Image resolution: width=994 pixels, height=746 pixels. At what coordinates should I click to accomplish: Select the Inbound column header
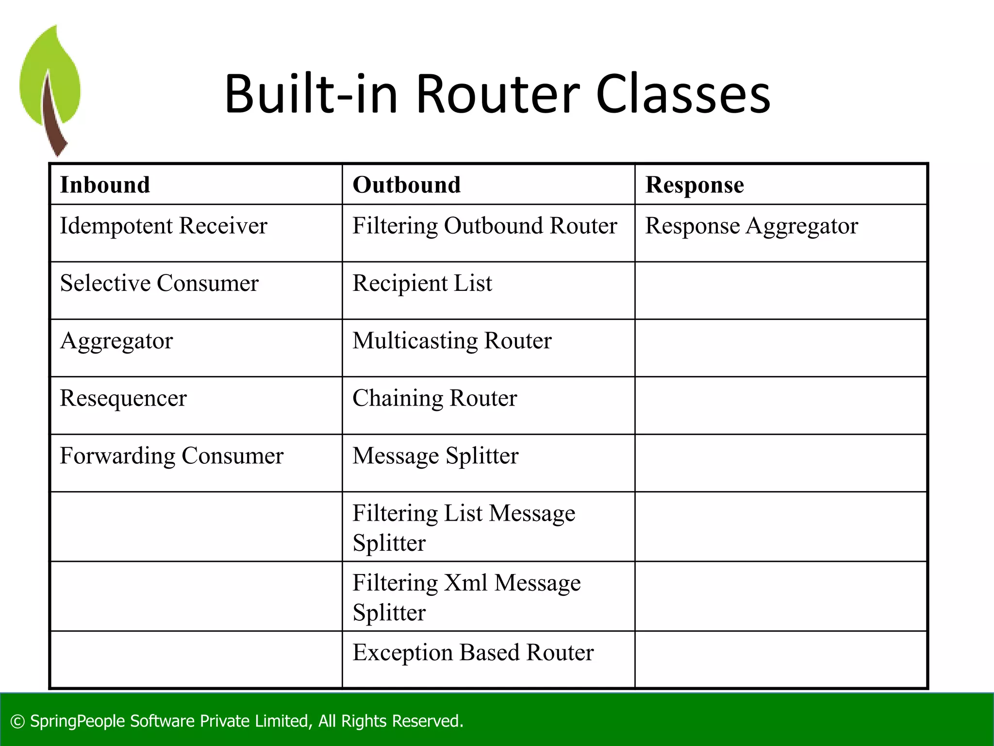pyautogui.click(x=105, y=185)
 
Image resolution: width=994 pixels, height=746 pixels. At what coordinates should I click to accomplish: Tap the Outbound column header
pyautogui.click(x=406, y=185)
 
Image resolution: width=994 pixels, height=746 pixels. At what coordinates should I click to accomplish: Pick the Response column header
pyautogui.click(x=694, y=185)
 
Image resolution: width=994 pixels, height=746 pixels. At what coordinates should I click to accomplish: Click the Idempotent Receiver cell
pyautogui.click(x=164, y=226)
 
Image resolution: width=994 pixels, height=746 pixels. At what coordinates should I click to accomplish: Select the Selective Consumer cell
pyautogui.click(x=159, y=284)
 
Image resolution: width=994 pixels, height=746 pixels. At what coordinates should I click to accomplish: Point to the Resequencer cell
pyautogui.click(x=123, y=399)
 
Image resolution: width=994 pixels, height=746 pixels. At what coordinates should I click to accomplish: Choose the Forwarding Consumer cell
pyautogui.click(x=171, y=456)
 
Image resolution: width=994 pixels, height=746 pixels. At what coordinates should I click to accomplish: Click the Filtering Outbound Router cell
pyautogui.click(x=484, y=226)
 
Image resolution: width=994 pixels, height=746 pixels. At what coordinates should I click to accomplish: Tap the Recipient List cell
pyautogui.click(x=422, y=284)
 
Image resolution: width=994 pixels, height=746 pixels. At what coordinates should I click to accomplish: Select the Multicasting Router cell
pyautogui.click(x=452, y=341)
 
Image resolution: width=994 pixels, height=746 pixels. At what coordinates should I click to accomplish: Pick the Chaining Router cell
pyautogui.click(x=434, y=399)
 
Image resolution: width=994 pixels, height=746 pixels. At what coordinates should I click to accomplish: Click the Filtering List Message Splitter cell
pyautogui.click(x=464, y=527)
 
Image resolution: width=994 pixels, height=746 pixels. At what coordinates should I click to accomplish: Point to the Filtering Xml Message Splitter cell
pyautogui.click(x=466, y=597)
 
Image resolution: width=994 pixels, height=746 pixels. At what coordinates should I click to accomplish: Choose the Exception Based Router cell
pyautogui.click(x=473, y=653)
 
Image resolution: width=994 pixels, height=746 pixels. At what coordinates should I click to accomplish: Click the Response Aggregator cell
pyautogui.click(x=751, y=226)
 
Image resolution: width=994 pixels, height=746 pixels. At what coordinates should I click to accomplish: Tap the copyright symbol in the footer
pyautogui.click(x=17, y=722)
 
